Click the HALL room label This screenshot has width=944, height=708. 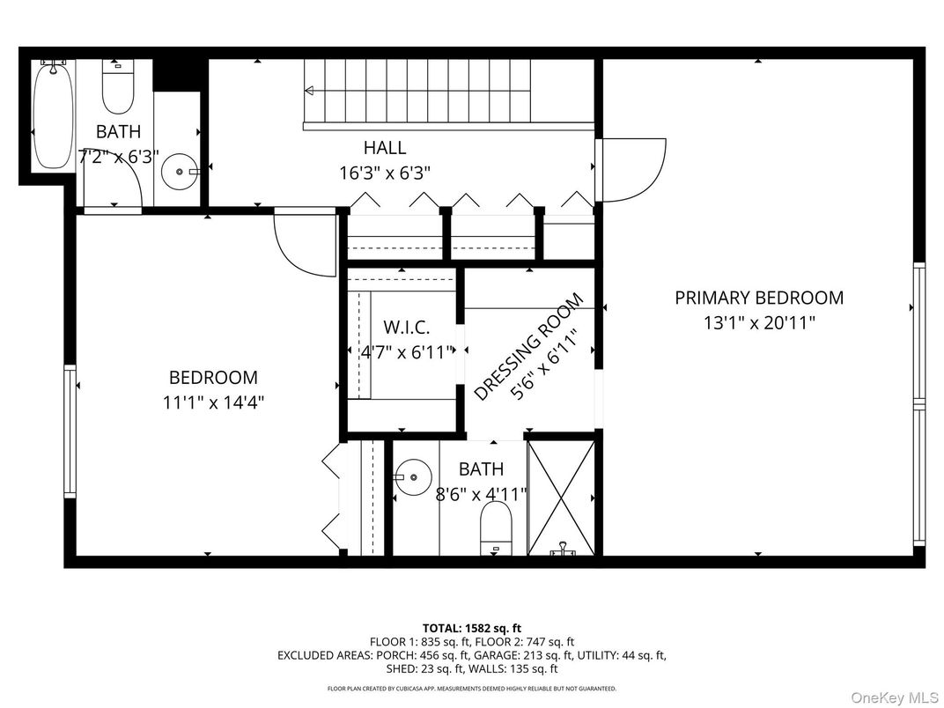pyautogui.click(x=385, y=148)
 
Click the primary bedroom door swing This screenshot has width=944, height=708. pyautogui.click(x=632, y=169)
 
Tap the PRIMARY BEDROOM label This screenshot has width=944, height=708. pyautogui.click(x=758, y=298)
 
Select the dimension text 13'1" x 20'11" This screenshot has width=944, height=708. pyautogui.click(x=758, y=322)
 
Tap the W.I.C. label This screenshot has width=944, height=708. pyautogui.click(x=407, y=328)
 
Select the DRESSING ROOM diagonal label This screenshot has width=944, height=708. pyautogui.click(x=527, y=348)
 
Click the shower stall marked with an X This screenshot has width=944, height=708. pyautogui.click(x=561, y=497)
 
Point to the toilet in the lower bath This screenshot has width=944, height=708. pyautogui.click(x=495, y=529)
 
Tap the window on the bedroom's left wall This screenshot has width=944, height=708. pyautogui.click(x=69, y=431)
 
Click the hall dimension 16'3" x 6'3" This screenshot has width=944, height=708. pyautogui.click(x=385, y=173)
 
